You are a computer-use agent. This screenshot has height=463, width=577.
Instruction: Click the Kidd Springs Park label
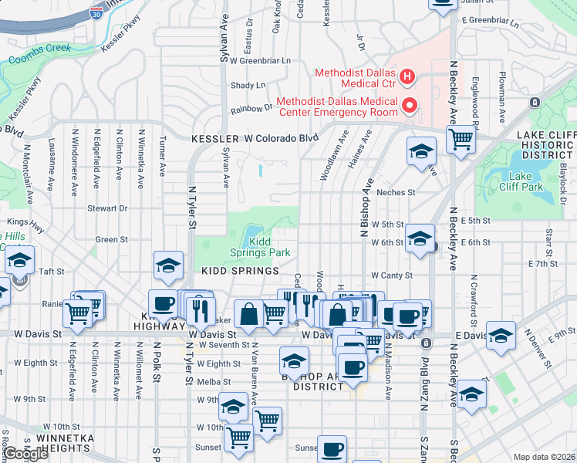[270, 247]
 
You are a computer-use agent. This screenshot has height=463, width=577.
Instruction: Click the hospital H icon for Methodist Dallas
[407, 78]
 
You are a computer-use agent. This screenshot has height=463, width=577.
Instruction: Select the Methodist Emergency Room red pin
[410, 105]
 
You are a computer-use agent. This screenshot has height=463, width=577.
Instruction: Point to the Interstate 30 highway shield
[94, 13]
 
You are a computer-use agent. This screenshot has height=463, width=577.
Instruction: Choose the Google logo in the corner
[25, 454]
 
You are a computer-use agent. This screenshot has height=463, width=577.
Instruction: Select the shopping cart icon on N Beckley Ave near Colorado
[461, 140]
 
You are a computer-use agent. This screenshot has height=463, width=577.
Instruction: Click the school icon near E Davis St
[501, 335]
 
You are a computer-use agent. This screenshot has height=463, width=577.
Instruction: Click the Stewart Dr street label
[106, 208]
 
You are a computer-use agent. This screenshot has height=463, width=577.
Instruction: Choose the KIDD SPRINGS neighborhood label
[240, 272]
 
